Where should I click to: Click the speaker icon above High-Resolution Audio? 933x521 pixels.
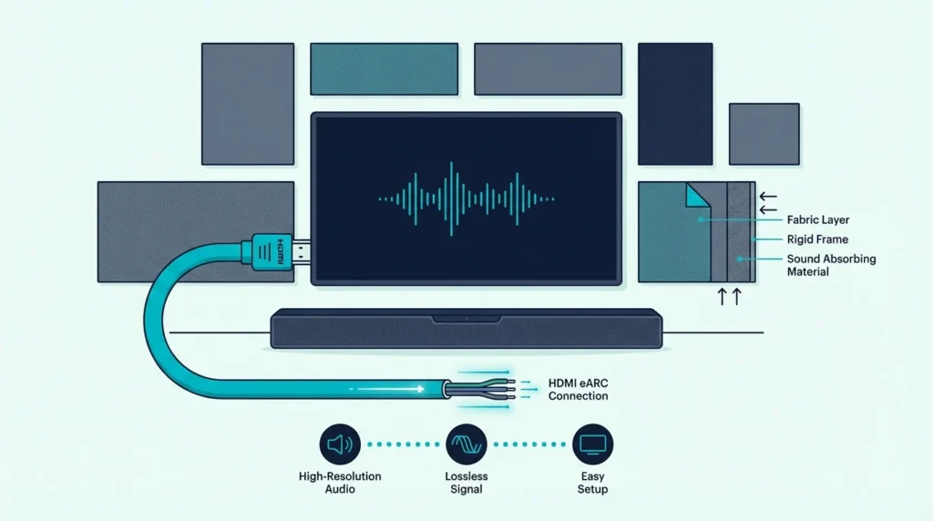pos(340,444)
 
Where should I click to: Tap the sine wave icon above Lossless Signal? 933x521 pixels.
pos(466,444)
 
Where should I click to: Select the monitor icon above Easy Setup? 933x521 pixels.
pos(592,444)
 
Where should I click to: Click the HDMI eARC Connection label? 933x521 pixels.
pos(579,390)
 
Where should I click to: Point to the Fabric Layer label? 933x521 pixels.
pos(818,220)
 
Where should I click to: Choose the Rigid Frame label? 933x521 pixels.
pos(817,239)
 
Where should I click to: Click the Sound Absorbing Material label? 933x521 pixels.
pos(831,265)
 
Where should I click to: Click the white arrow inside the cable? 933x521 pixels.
pos(390,389)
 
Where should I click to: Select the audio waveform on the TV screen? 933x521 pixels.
pos(466,199)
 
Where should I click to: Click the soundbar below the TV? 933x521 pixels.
pos(466,328)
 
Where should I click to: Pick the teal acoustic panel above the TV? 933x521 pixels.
pos(384,69)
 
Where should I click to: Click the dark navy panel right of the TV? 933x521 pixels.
pos(675,104)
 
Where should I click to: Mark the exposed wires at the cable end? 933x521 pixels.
pos(480,389)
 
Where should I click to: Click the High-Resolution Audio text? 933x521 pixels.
pos(340,483)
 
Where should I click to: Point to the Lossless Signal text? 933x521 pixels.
pos(466,483)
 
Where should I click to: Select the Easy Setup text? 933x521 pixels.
pos(592,483)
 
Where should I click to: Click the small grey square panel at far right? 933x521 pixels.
pos(764,134)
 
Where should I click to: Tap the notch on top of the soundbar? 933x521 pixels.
pos(466,319)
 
